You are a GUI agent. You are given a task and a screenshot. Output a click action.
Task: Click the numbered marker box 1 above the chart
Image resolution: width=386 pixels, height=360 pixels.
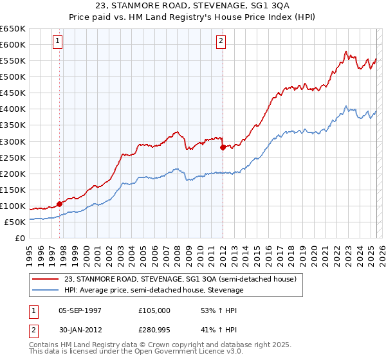coord(58,41)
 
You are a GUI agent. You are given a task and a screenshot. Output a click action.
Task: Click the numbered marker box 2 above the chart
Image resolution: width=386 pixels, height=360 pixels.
coord(221,41)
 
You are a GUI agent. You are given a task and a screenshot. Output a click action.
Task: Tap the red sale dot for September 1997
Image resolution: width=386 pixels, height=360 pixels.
coord(60,204)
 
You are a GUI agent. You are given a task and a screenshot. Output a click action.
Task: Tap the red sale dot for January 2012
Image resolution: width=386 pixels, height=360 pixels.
coord(223,147)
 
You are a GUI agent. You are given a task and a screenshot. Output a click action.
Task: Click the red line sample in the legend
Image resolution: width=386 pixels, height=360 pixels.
coord(45,279)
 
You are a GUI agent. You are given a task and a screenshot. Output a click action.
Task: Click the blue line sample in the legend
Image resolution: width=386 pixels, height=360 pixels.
coord(45,290)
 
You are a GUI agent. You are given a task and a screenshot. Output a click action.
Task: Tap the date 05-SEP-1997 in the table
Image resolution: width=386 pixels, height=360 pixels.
coord(80,310)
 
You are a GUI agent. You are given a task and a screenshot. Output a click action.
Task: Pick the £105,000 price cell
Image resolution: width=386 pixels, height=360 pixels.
coord(154,310)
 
